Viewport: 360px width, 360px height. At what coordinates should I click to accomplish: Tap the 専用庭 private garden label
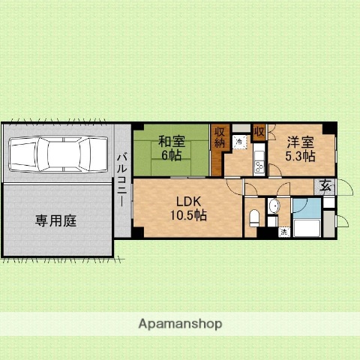(x=55, y=220)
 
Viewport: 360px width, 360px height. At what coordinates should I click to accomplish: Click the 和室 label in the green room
(x=171, y=140)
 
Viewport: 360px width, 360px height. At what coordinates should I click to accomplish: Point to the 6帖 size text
(x=171, y=154)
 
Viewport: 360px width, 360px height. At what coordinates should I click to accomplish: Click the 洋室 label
(x=299, y=140)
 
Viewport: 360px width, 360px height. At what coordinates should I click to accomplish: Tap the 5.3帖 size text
(x=299, y=156)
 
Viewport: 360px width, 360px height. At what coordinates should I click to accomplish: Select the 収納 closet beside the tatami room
(x=219, y=140)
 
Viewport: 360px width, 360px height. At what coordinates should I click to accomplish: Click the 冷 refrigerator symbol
(x=239, y=140)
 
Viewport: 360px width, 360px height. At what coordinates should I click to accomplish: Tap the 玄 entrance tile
(x=326, y=187)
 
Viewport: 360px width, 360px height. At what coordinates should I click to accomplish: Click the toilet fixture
(x=255, y=219)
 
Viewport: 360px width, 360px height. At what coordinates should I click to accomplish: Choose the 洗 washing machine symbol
(x=283, y=232)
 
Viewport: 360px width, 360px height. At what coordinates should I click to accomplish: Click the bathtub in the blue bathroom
(x=307, y=227)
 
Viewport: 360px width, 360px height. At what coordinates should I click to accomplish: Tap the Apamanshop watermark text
(x=180, y=323)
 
